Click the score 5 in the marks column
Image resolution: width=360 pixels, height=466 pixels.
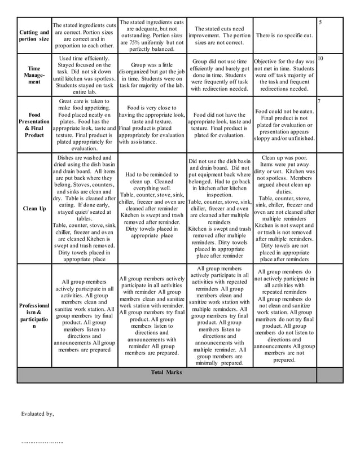click(320, 22)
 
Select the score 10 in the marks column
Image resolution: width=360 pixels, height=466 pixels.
click(320, 58)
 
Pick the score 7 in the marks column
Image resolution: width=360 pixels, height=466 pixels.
click(319, 101)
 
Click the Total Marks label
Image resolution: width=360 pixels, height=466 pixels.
click(166, 372)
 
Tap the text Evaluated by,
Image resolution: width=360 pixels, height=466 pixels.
click(37, 414)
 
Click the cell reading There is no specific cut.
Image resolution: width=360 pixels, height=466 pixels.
click(284, 36)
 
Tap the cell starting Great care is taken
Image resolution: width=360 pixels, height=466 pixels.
click(84, 124)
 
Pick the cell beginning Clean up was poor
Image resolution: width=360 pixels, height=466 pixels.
click(284, 208)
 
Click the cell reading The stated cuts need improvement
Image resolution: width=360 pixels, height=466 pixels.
click(219, 35)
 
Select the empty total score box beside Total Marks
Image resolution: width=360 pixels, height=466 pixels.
click(330, 375)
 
